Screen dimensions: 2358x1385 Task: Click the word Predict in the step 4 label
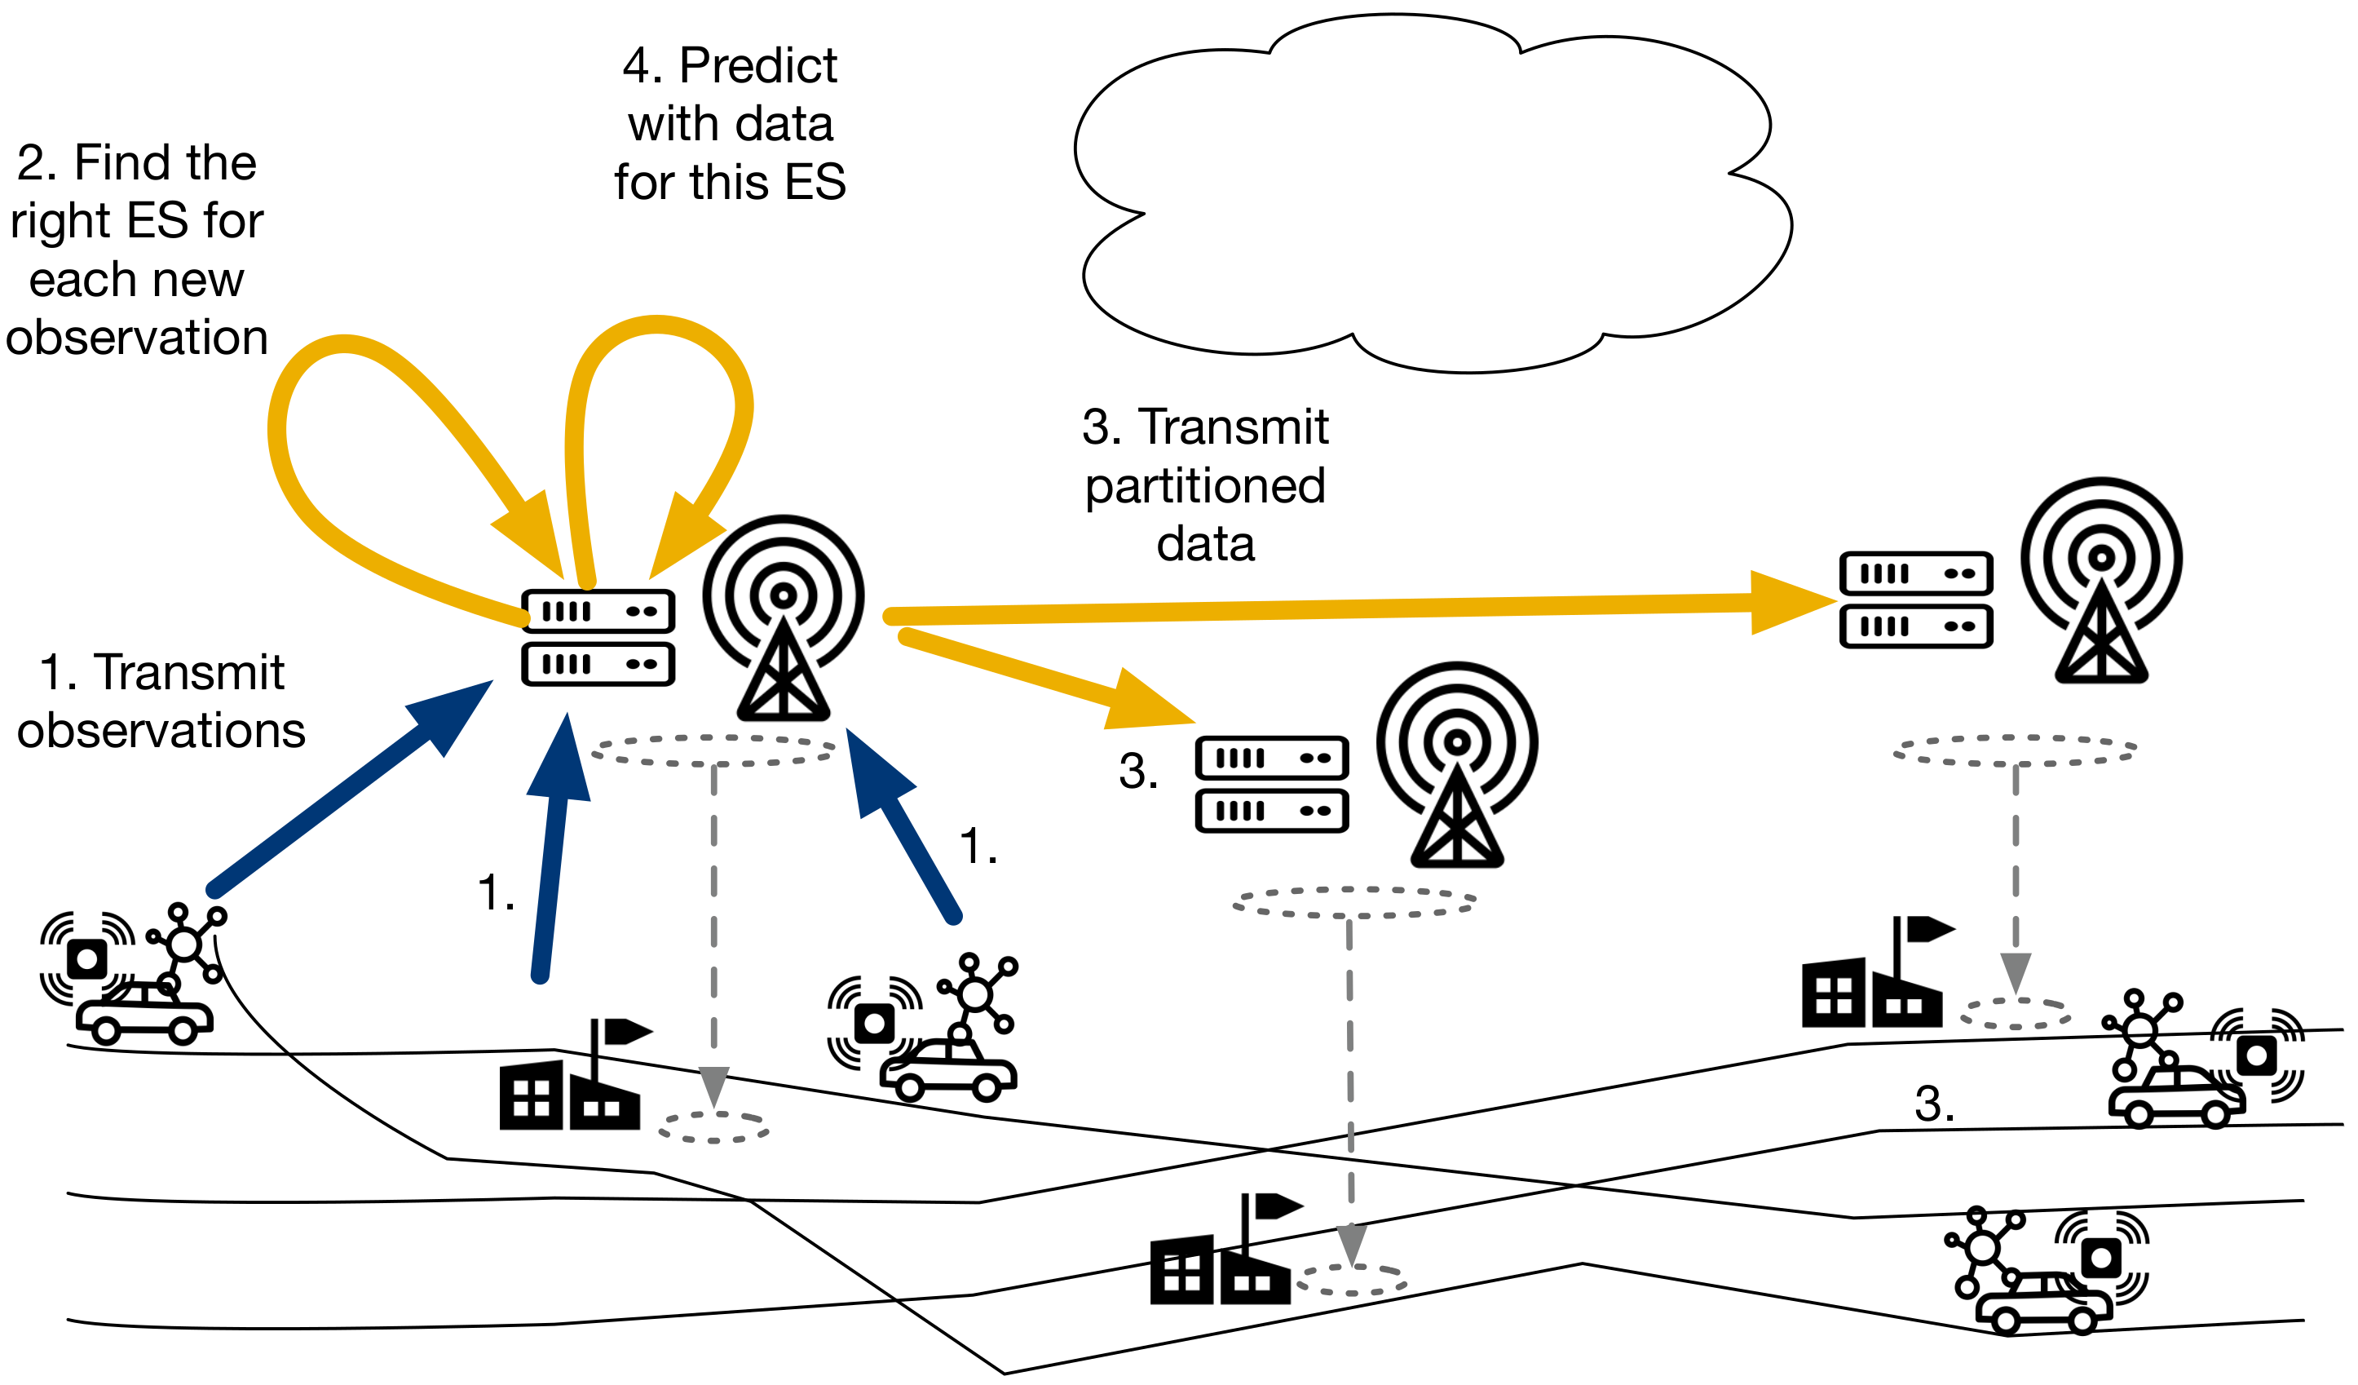pos(758,66)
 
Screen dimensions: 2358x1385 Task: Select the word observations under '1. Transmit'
pos(161,730)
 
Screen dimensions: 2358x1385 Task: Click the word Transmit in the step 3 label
pos(1234,427)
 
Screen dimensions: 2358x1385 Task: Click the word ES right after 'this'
pos(815,183)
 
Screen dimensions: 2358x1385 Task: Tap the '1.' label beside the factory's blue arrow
pos(496,893)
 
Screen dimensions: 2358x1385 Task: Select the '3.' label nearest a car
pos(1934,1104)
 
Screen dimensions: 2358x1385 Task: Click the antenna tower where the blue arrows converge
pos(784,618)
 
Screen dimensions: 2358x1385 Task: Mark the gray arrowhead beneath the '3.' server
pos(1352,1245)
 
